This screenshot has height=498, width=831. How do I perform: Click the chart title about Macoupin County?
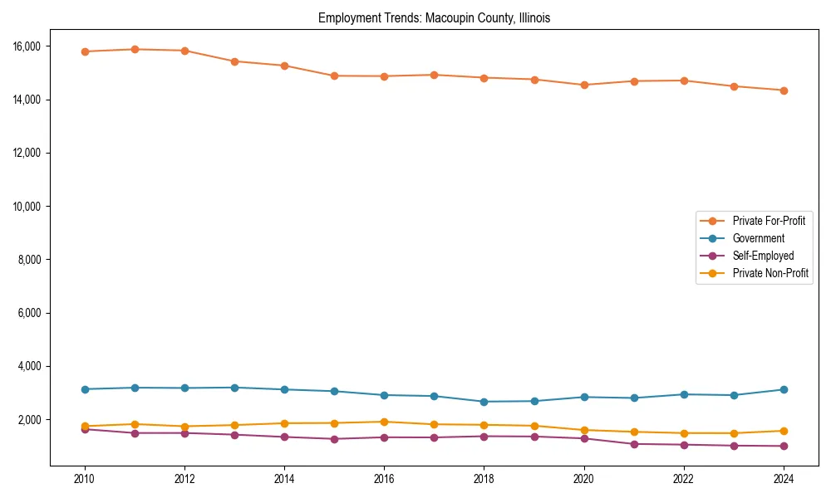coord(434,17)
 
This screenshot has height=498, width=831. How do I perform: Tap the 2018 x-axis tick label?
coord(484,479)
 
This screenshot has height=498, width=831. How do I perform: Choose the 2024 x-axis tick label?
coord(784,479)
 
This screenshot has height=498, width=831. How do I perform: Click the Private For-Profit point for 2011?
coord(135,49)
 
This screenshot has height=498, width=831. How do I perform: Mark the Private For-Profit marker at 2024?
coord(784,90)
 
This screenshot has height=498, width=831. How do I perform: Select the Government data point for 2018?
coord(484,402)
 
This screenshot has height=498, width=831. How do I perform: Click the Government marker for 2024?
coord(784,389)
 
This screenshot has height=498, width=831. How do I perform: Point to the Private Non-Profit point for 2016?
coord(384,422)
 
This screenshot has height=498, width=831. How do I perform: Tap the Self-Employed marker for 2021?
coord(634,444)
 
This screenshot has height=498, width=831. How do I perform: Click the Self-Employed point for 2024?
coord(784,447)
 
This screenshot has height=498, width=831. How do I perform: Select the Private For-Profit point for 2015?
coord(334,76)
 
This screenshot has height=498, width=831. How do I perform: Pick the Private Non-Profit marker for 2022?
coord(684,433)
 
